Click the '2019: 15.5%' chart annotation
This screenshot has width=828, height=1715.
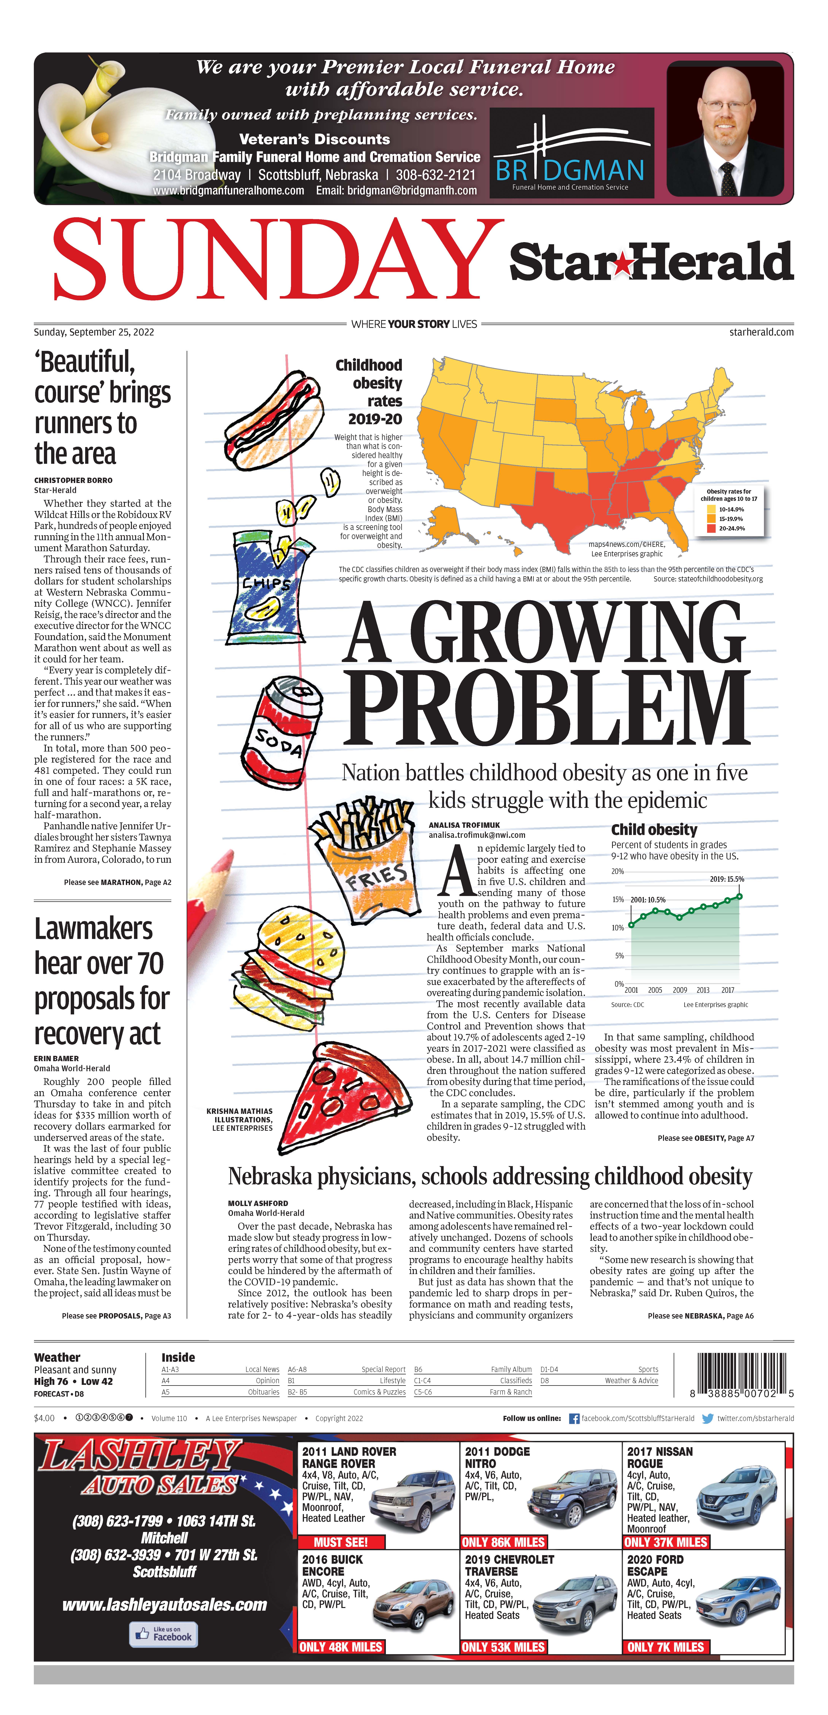[x=726, y=879]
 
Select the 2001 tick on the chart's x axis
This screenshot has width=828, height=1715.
[x=631, y=990]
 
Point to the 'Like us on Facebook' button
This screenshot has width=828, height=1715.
[x=163, y=1634]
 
